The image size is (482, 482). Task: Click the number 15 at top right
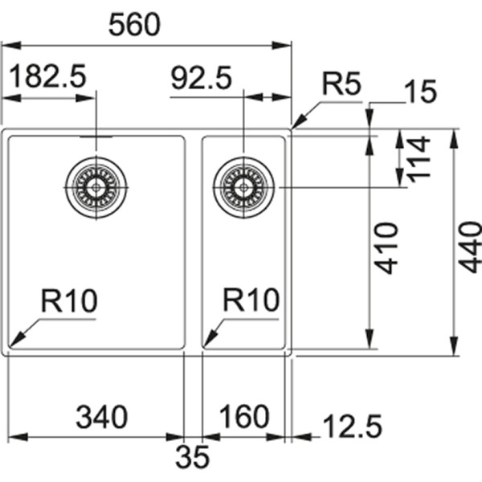click(421, 93)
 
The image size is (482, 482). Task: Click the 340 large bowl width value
click(101, 417)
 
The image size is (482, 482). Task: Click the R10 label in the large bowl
click(69, 301)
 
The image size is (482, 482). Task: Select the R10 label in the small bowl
click(251, 301)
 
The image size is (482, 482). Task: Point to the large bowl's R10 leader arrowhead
click(14, 342)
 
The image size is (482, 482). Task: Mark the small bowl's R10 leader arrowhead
click(206, 342)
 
